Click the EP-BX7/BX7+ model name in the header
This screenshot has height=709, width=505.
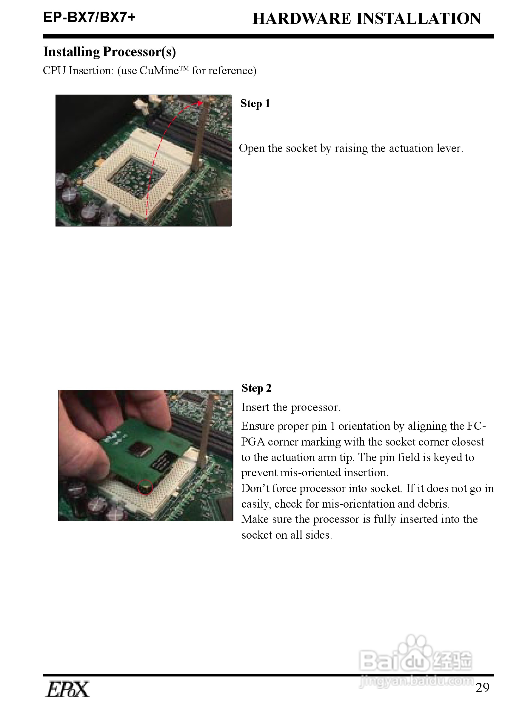tap(89, 17)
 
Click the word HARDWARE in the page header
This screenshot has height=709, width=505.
tap(301, 19)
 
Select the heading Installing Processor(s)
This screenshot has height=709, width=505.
tap(110, 52)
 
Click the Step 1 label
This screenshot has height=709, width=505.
tap(255, 104)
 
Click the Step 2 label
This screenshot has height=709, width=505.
tap(256, 388)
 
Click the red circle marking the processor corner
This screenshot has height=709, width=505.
tap(145, 487)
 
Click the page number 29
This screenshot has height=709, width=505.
tap(483, 688)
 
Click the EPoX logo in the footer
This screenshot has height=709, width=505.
tap(68, 689)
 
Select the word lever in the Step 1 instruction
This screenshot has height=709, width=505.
tap(450, 148)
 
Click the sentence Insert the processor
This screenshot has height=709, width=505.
tap(291, 407)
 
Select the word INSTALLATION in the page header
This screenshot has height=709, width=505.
tap(419, 19)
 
